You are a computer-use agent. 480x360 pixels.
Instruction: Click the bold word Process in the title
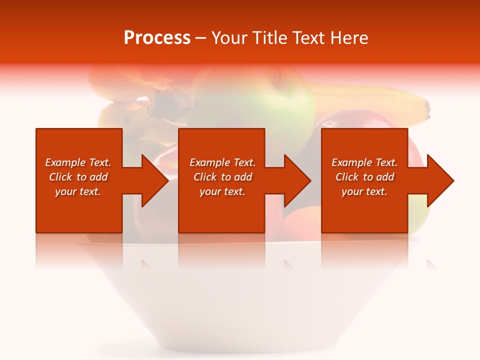tap(157, 38)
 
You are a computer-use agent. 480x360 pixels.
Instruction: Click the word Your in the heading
tap(229, 38)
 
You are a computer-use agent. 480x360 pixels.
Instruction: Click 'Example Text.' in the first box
tap(78, 162)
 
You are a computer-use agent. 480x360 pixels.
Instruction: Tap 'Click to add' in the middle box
tap(222, 177)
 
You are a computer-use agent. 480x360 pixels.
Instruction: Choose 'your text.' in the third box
tap(364, 191)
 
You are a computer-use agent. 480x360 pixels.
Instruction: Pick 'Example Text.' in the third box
tap(364, 162)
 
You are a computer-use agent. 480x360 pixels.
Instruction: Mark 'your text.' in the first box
tap(78, 191)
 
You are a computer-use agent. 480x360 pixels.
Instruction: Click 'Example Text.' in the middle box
tap(222, 162)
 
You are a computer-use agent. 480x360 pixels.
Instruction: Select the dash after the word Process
tap(200, 38)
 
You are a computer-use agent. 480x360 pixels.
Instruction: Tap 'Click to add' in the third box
tap(364, 177)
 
